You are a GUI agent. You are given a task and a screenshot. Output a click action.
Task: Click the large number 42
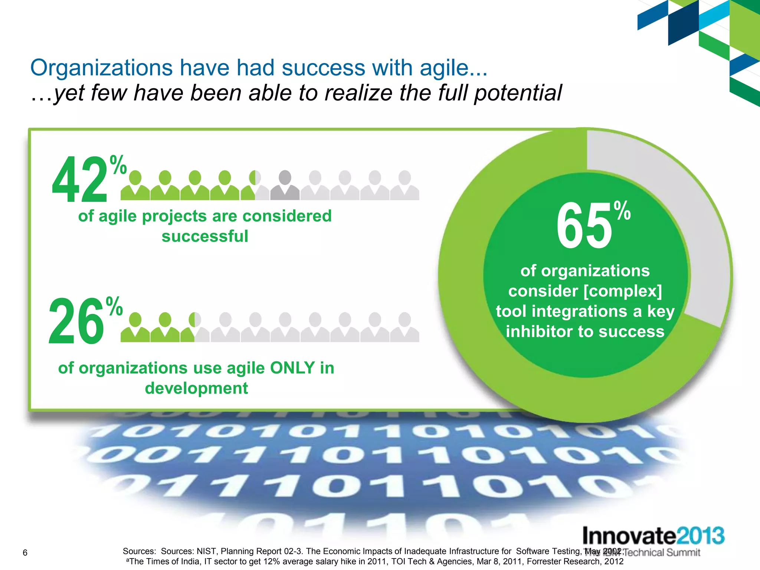point(80,180)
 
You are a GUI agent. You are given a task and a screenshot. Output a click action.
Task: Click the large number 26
point(76,321)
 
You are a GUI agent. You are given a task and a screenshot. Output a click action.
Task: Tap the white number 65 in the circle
point(584,226)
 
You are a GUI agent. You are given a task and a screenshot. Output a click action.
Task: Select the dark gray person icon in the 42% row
point(285,186)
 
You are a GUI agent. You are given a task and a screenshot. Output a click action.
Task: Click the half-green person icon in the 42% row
point(255,186)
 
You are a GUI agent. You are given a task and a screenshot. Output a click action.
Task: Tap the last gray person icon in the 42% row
point(404,186)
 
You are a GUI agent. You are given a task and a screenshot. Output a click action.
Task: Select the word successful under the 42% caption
point(205,236)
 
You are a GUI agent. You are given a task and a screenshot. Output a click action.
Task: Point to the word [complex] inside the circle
point(623,291)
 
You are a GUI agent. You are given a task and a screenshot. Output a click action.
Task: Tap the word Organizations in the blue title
point(101,68)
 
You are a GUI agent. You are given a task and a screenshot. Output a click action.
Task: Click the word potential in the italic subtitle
point(518,93)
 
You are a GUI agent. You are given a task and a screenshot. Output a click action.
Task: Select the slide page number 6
point(25,553)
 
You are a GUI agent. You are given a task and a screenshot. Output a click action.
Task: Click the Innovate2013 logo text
point(653,536)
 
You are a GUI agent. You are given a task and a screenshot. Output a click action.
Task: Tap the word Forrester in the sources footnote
point(544,561)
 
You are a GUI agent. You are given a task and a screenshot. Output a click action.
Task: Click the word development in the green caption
point(196,389)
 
